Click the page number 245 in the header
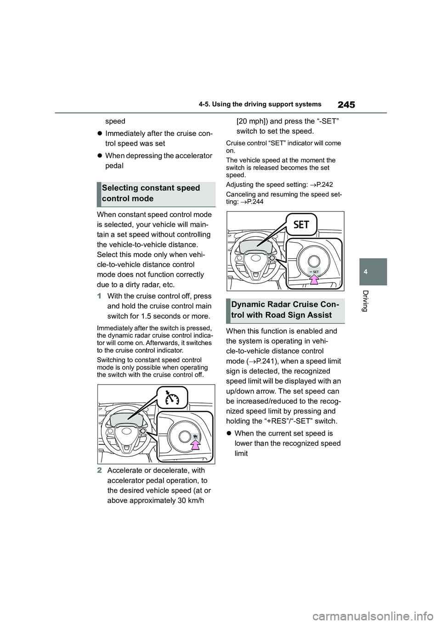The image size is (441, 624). [346, 105]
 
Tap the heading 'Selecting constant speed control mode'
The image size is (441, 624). [151, 193]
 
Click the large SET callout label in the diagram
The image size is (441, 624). [301, 225]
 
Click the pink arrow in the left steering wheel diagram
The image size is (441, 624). [196, 443]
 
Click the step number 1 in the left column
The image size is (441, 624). [99, 296]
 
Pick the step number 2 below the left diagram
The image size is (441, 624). [99, 471]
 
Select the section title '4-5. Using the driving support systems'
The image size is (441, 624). [260, 105]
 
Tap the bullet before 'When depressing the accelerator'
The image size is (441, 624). [99, 156]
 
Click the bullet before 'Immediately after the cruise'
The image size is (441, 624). [99, 133]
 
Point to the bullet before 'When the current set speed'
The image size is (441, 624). [228, 433]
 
